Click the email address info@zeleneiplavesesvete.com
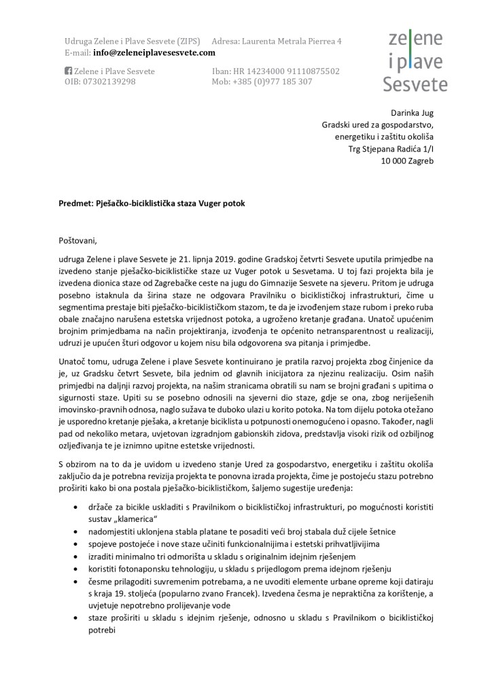tap(154, 52)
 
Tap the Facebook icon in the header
tap(68, 71)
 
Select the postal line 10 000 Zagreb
tap(406, 161)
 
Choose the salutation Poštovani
tap(78, 239)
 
